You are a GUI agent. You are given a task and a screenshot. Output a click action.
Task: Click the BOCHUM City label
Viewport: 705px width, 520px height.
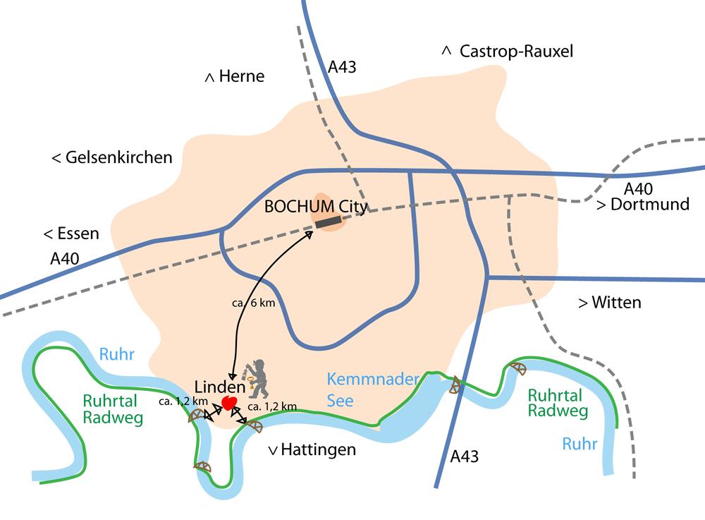coord(317,207)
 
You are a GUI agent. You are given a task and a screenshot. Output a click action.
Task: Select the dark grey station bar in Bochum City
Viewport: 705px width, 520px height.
coord(328,222)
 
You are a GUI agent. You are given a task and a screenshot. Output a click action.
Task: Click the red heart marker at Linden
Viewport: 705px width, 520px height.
coord(228,403)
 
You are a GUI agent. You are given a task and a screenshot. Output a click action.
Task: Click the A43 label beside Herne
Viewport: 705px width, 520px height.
coord(342,68)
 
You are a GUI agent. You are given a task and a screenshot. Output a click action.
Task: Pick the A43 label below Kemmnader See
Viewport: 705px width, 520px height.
coord(464,456)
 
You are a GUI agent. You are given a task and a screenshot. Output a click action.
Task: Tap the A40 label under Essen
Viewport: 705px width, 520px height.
coord(65,260)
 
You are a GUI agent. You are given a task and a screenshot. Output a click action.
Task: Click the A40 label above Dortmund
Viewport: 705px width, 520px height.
coord(638,189)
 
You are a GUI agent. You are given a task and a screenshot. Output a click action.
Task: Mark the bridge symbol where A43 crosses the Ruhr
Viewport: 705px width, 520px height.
coord(455,385)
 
